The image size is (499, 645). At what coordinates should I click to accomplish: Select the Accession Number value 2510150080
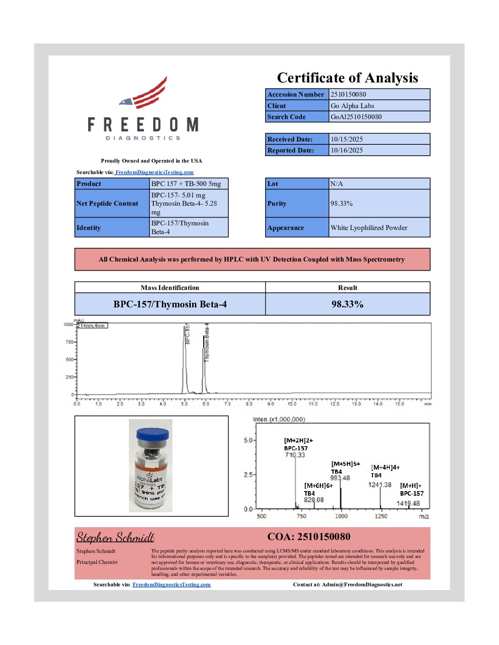[348, 94]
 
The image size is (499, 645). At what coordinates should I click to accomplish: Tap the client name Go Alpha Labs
[352, 106]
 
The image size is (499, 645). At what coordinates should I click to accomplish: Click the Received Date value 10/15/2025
[346, 139]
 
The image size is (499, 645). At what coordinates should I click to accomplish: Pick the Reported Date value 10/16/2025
[346, 150]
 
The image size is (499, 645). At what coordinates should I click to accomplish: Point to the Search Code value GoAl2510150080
[356, 117]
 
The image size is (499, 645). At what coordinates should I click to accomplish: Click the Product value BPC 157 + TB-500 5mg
[186, 184]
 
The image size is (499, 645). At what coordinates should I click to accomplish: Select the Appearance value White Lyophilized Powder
[369, 228]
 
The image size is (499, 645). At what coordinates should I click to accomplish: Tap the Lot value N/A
[337, 184]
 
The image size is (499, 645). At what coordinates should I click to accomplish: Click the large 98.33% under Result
[347, 304]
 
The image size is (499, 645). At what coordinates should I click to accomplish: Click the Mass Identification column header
[170, 288]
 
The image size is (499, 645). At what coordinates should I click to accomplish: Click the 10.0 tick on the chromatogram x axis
[292, 404]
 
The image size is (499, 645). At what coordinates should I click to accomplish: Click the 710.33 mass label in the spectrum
[295, 455]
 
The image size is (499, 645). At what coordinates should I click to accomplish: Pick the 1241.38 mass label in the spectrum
[380, 485]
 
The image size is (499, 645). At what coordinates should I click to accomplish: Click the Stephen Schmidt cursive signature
[115, 537]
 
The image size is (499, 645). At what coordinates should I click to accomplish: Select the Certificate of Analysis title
[347, 78]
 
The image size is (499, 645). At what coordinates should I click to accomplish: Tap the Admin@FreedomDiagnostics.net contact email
[362, 585]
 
